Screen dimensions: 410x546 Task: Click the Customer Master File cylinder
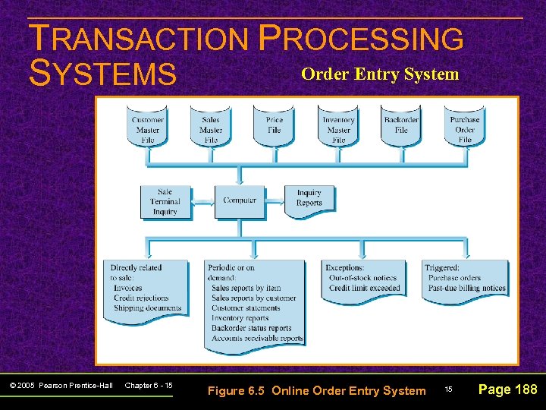[147, 128]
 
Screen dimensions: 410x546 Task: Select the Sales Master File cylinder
[211, 128]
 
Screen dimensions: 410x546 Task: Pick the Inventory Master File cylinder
[338, 128]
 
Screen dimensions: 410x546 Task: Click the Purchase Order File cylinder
[465, 128]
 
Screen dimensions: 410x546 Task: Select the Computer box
[240, 201]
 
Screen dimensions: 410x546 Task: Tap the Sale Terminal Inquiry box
[165, 202]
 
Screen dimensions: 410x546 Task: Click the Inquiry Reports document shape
[309, 199]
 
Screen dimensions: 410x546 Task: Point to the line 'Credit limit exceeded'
[364, 289]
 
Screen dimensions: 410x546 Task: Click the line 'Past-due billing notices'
[466, 289]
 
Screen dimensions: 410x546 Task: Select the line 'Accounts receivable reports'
[257, 339]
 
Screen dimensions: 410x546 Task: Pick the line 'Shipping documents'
[147, 308]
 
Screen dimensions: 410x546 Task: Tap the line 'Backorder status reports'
[251, 329]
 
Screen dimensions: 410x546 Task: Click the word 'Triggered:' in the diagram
[442, 268]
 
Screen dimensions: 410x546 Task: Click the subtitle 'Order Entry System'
[380, 74]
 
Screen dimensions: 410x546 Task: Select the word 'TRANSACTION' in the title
[137, 39]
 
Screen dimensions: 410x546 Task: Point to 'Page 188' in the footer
[507, 389]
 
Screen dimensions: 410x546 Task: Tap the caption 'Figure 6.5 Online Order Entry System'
[316, 390]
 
